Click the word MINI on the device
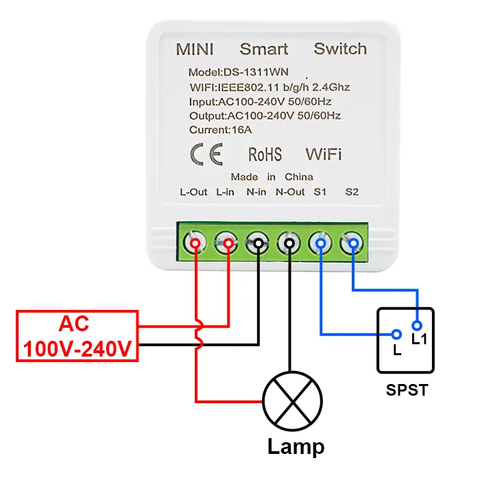pos(195,49)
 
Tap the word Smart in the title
pos(264,49)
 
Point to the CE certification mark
pos(206,154)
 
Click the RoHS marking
pos(265,154)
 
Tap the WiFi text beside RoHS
pos(324,153)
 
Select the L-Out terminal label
pos(193,192)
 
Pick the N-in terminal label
pos(256,192)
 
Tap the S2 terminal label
pos(352,192)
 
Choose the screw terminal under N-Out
pos(290,243)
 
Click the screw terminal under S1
pos(321,243)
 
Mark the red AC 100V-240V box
pos(77,337)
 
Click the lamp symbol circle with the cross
pos(293,403)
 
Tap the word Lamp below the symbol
pos(296,447)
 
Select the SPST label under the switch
pos(407,391)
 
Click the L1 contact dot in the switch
pos(416,325)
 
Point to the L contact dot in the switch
pos(396,335)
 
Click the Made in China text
pos(272,177)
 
